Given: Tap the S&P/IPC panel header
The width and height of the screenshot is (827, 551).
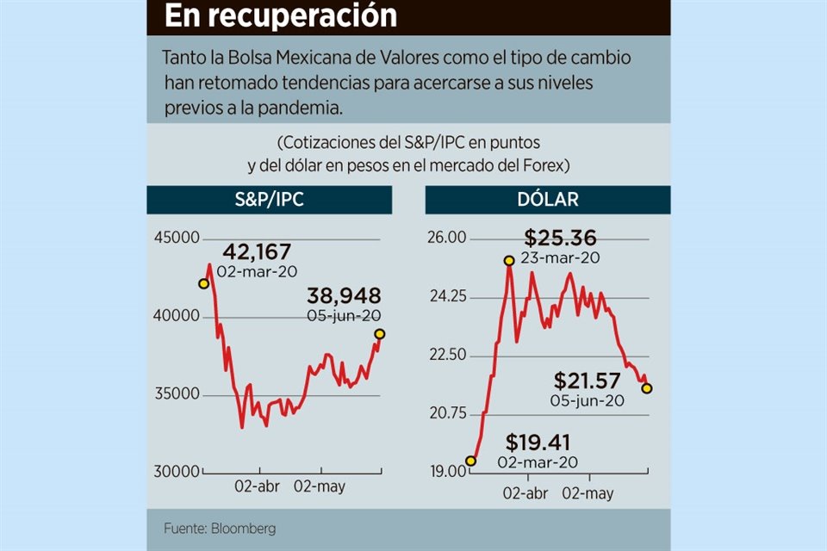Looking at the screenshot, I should [x=269, y=200].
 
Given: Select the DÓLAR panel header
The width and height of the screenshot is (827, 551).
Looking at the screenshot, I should [x=547, y=200].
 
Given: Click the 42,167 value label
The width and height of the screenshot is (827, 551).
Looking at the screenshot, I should [x=257, y=252].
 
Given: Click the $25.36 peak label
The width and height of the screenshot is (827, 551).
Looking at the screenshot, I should [x=560, y=238].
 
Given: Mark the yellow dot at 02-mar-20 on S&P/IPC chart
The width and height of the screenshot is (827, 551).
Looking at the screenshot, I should [x=203, y=283].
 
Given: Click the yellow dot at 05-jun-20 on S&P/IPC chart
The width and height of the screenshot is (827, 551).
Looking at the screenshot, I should [x=380, y=334].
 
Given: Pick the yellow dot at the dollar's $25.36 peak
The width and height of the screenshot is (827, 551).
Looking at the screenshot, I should [x=508, y=260].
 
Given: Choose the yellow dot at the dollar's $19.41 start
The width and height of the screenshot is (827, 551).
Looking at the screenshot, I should [x=470, y=461].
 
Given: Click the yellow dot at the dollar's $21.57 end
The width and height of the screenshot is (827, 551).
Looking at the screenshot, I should [x=647, y=388].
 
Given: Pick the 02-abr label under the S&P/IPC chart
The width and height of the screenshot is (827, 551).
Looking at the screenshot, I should [x=256, y=486].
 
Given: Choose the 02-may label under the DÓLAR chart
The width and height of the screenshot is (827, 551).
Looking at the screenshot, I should [x=588, y=493].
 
